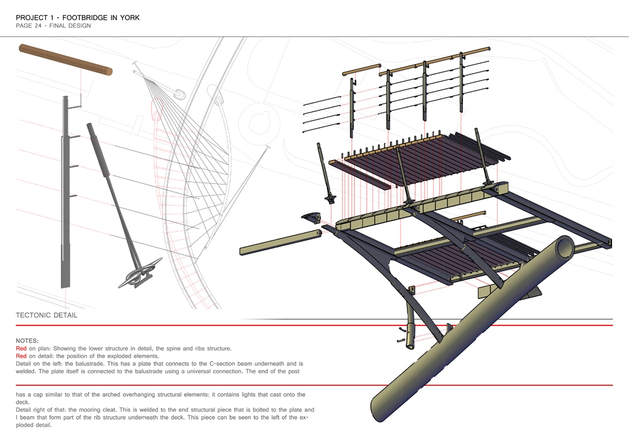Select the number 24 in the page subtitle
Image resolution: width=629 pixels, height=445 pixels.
37,26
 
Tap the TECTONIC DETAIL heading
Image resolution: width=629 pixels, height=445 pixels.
47,315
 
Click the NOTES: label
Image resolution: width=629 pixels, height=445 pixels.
27,341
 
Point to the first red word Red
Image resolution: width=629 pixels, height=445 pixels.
21,348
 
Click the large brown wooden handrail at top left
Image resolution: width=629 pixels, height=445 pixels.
65,60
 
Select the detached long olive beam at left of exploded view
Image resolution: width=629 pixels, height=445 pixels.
281,242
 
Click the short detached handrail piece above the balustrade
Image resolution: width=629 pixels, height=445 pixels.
362,69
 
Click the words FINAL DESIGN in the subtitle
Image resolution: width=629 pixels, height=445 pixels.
70,26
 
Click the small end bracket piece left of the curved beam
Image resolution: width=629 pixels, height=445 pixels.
311,218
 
